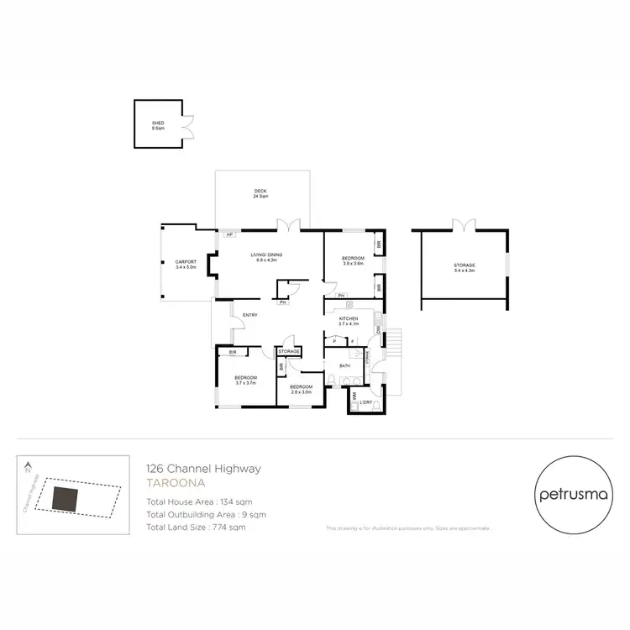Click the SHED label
coord(158,123)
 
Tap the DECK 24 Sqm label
coord(260,193)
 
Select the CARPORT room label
coord(186,263)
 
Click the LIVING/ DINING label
coord(265,255)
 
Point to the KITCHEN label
coord(349,319)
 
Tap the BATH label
coord(344,366)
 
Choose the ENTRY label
coord(249,315)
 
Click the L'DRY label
coord(366,403)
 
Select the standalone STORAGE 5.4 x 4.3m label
coord(465,267)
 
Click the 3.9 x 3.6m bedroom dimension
coord(353,264)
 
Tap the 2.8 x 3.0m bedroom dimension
coord(301,392)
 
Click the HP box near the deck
coord(228,235)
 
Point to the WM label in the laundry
coord(354,394)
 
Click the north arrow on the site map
coord(29,465)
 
